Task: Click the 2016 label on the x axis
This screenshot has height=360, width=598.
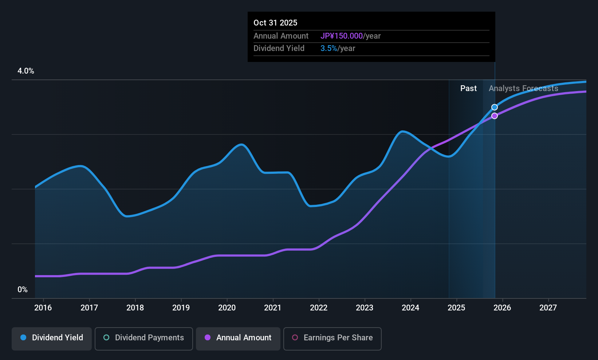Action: [x=43, y=308]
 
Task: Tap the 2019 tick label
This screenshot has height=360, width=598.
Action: [x=181, y=308]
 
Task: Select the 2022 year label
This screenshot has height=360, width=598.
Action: [x=319, y=308]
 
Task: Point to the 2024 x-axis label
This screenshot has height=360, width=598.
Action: [x=410, y=308]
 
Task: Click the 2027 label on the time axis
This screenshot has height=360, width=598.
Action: [x=548, y=308]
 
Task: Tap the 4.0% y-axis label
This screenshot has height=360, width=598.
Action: [x=26, y=71]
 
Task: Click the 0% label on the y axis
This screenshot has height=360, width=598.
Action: [x=23, y=290]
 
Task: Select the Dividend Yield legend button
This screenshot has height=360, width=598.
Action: [x=51, y=339]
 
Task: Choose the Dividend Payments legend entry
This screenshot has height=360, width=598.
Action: [x=143, y=339]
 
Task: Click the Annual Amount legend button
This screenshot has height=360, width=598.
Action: [x=238, y=339]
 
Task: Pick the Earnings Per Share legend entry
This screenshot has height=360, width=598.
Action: [x=333, y=339]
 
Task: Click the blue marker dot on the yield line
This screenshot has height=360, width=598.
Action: [x=495, y=107]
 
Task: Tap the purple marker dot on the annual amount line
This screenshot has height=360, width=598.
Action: [x=495, y=116]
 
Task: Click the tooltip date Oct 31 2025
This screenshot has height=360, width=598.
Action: [x=275, y=23]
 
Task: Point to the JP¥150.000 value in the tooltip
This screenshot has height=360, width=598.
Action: [x=342, y=36]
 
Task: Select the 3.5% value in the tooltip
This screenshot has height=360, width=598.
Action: [x=328, y=48]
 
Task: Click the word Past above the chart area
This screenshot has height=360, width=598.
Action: [x=468, y=89]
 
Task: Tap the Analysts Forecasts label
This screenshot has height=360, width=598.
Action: [x=523, y=89]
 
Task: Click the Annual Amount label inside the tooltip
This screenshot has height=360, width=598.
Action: [x=281, y=36]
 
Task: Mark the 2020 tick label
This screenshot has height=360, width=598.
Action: [x=227, y=308]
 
